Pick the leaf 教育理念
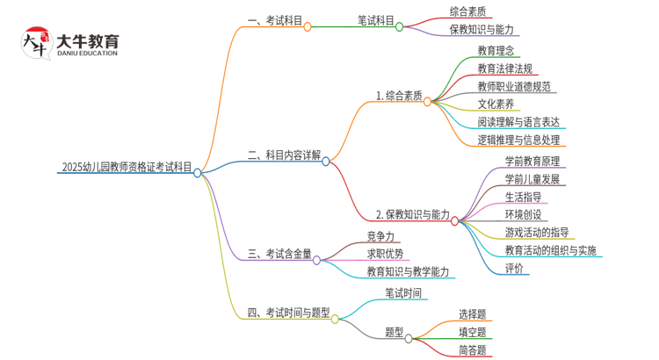pyautogui.click(x=496, y=49)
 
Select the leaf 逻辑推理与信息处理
pyautogui.click(x=518, y=140)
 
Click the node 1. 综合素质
pyautogui.click(x=399, y=96)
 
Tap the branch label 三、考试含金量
pyautogui.click(x=279, y=254)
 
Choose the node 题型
pyautogui.click(x=395, y=332)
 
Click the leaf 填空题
pyautogui.click(x=472, y=332)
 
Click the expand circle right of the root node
pyautogui.click(x=198, y=173)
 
